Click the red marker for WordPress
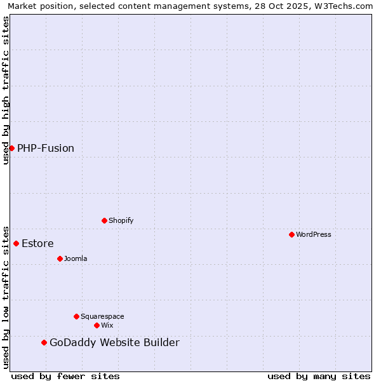[291, 234]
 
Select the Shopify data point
[104, 220]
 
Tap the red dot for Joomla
[60, 258]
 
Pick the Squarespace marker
[76, 316]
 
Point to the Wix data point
[97, 325]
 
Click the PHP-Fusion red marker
[11, 148]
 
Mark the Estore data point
[16, 243]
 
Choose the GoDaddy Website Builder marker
[44, 342]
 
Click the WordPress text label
[313, 234]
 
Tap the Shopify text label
[121, 220]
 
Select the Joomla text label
[76, 258]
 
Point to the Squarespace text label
[102, 316]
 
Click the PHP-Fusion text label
[46, 148]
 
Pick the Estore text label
[37, 243]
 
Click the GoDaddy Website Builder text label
[114, 342]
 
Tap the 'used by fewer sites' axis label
[65, 376]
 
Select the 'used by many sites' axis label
[319, 376]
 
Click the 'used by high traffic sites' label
[6, 90]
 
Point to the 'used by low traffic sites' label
[6, 297]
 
